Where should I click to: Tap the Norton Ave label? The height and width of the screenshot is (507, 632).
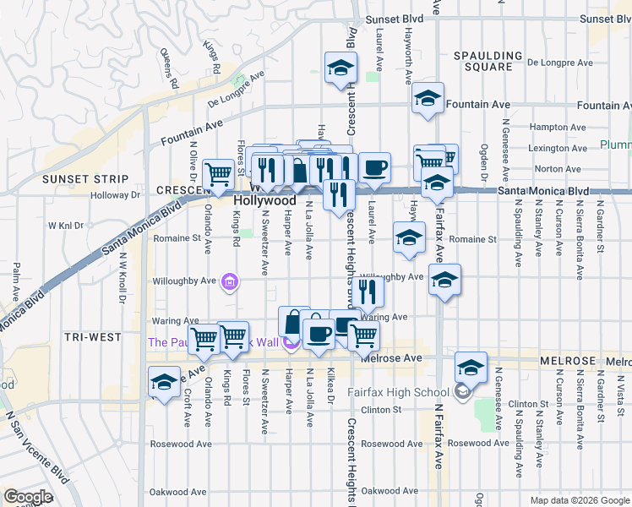pyautogui.click(x=558, y=169)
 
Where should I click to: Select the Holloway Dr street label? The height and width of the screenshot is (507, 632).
pyautogui.click(x=116, y=195)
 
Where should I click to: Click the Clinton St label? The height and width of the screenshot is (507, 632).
pyautogui.click(x=380, y=410)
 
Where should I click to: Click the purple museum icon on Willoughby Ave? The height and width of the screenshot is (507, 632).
pyautogui.click(x=229, y=281)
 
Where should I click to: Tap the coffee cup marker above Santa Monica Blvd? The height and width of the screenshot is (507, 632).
pyautogui.click(x=374, y=166)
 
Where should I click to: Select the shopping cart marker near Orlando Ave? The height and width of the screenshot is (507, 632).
pyautogui.click(x=220, y=174)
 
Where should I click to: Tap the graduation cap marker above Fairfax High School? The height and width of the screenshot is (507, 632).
pyautogui.click(x=471, y=367)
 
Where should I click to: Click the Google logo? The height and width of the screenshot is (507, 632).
pyautogui.click(x=29, y=497)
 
